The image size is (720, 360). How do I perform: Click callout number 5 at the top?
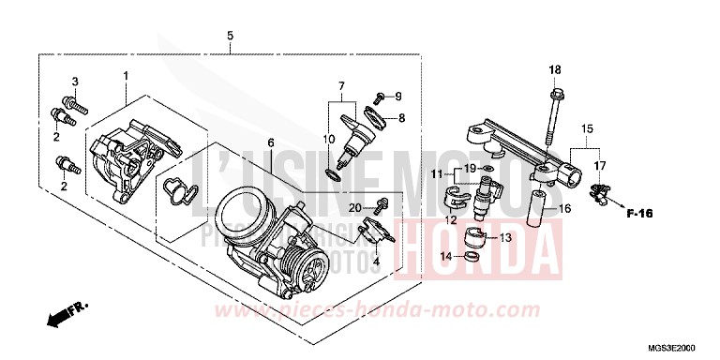tap(230, 36)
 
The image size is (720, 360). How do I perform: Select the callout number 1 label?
tap(125, 74)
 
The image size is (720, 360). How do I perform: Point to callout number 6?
tap(270, 142)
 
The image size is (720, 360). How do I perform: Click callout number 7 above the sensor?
tap(342, 86)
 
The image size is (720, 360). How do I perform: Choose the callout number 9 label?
tap(397, 97)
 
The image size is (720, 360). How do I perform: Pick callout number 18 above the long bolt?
tap(554, 70)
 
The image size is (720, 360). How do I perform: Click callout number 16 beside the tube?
tap(566, 209)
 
